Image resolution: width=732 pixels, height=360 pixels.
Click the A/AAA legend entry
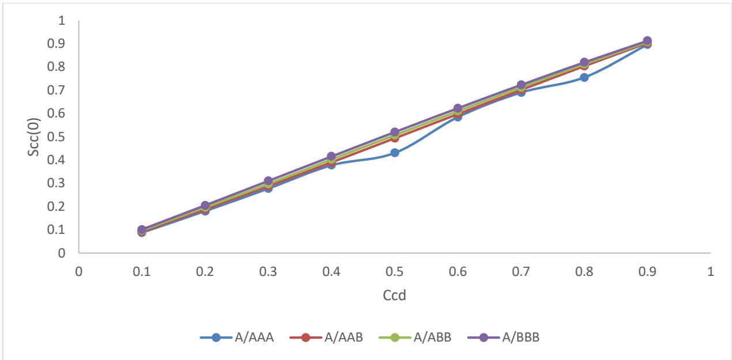237,338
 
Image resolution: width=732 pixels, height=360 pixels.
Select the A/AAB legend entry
326,338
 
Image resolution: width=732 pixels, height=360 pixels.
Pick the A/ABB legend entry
415,338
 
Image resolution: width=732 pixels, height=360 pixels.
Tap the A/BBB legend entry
504,338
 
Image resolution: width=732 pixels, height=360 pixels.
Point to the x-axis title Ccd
394,295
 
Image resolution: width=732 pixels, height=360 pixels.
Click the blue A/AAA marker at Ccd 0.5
394,153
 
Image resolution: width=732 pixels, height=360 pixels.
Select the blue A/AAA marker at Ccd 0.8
584,77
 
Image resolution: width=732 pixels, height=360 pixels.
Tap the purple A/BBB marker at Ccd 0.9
647,41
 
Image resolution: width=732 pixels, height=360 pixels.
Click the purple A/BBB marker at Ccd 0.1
142,230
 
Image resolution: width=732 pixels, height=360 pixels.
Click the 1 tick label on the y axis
62,21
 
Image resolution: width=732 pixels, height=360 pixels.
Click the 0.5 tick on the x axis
394,270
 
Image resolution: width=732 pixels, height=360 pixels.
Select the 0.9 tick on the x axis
647,270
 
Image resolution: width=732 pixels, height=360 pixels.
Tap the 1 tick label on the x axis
710,270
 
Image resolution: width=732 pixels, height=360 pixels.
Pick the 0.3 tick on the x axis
268,270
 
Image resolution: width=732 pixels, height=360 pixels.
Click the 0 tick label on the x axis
79,270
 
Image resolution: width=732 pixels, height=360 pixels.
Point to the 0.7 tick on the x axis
521,270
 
